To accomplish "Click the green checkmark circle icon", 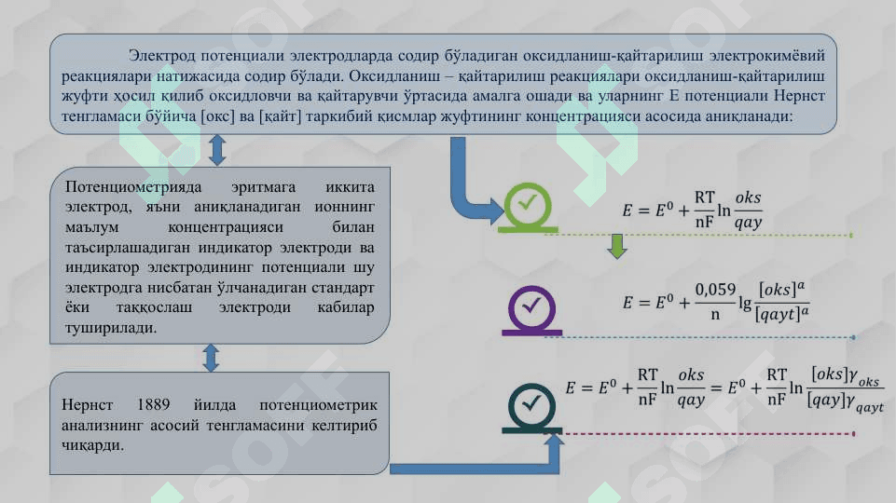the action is [x=528, y=207].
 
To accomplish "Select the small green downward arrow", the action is [x=617, y=246].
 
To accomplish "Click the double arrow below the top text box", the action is [x=217, y=150].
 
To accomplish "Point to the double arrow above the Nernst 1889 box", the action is [x=211, y=358].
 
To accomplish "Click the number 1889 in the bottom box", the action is [x=153, y=405].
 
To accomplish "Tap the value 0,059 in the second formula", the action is [x=715, y=290].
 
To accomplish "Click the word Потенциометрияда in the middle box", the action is [x=133, y=187].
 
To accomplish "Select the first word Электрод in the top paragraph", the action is [x=162, y=56].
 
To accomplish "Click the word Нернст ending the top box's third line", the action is [x=799, y=96].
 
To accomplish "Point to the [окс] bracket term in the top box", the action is [x=218, y=116].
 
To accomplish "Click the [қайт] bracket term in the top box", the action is [x=280, y=116].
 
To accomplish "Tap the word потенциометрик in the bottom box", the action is [x=318, y=405].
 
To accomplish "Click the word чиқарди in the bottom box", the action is [x=92, y=445].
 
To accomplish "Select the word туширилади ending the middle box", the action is [x=110, y=328].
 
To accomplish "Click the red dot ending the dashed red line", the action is [x=854, y=434].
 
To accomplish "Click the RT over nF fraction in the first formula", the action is [x=705, y=210].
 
